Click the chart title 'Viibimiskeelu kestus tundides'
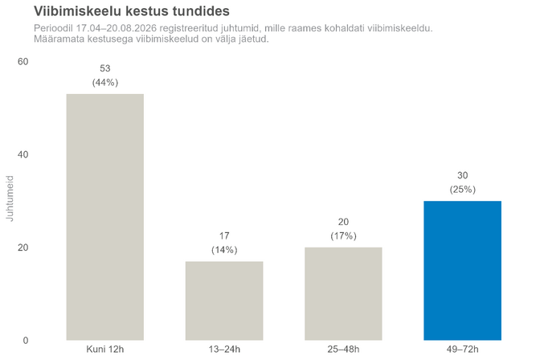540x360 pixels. pos(132,11)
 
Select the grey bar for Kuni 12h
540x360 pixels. pos(105,217)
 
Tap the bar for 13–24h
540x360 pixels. pos(224,301)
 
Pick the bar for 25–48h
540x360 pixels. pos(343,294)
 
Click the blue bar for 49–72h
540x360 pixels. pos(463,271)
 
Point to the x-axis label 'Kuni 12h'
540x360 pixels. pos(105,350)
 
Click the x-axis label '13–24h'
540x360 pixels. pos(224,350)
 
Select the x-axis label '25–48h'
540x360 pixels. pos(343,350)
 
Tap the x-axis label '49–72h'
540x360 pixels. pos(463,350)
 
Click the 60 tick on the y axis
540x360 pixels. pos(23,62)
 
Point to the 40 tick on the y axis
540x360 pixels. pos(23,154)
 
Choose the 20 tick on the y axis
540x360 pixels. pos(23,247)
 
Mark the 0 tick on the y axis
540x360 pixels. pos(26,341)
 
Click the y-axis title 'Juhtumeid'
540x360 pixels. pos(10,198)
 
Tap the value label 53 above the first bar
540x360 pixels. pos(105,68)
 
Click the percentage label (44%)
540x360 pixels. pos(105,82)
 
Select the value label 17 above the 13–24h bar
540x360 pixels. pos(224,235)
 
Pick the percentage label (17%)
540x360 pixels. pos(343,235)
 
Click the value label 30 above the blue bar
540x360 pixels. pos(463,175)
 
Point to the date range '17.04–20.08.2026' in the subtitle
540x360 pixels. pos(117,28)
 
